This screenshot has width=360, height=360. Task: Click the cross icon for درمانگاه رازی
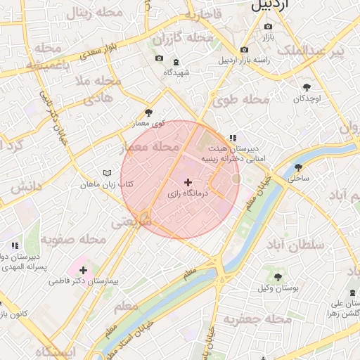187,182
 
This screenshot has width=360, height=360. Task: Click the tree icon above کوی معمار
148,112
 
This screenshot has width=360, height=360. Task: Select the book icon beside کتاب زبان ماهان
107,173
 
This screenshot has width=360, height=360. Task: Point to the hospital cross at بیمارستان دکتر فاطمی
83,270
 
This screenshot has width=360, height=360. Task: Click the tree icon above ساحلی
298,168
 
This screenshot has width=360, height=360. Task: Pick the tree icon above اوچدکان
307,88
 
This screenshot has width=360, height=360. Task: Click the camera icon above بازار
267,27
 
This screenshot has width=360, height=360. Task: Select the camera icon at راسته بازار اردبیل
244,50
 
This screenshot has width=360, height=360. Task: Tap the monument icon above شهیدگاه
176,61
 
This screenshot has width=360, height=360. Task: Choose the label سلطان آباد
295,244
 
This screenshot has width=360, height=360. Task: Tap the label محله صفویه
73,240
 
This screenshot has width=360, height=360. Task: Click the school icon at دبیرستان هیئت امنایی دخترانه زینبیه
232,139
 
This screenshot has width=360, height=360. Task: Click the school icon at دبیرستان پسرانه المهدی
14,245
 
